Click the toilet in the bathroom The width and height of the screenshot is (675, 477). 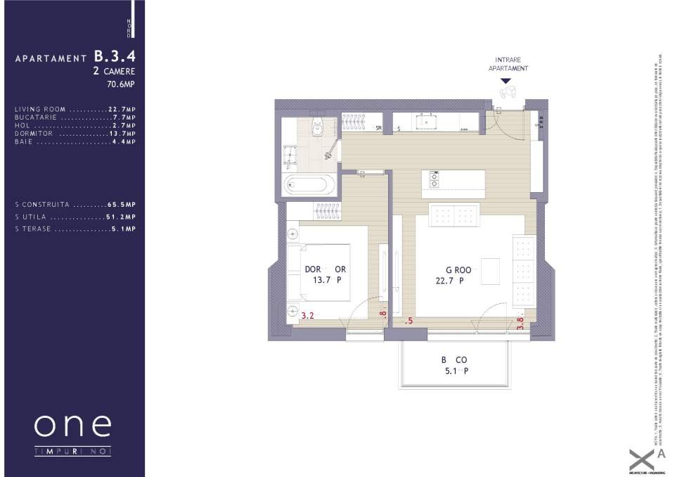[317, 126]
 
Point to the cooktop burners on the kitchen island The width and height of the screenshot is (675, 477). [434, 179]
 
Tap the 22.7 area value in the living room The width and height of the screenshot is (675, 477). [446, 281]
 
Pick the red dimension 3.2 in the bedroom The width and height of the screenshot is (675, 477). [307, 316]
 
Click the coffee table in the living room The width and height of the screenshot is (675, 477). [490, 269]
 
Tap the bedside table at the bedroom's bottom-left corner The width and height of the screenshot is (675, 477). [293, 309]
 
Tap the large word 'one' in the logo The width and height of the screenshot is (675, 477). [72, 424]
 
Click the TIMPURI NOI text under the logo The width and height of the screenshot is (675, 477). [72, 451]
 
